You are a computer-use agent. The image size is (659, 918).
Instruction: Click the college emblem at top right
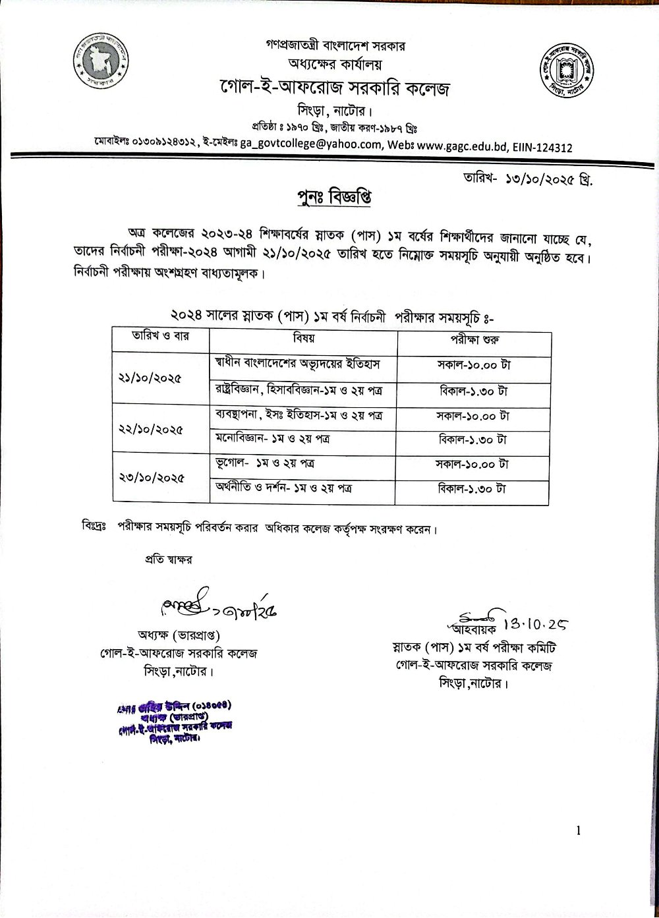click(x=567, y=71)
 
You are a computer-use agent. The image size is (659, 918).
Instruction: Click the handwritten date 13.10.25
click(x=536, y=623)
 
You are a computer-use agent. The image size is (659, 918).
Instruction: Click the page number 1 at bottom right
click(x=578, y=832)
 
